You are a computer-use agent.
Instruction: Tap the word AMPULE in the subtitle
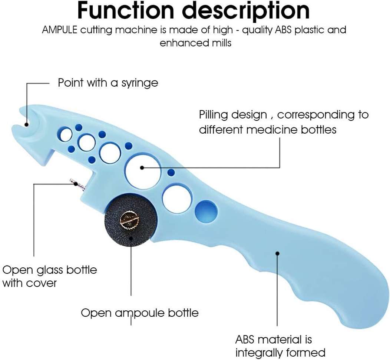60,30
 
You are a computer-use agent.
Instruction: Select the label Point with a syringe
108,83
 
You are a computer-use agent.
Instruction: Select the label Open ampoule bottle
140,313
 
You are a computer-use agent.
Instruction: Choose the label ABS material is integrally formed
280,346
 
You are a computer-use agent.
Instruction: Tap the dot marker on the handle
277,253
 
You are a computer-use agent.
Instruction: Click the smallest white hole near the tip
66,135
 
